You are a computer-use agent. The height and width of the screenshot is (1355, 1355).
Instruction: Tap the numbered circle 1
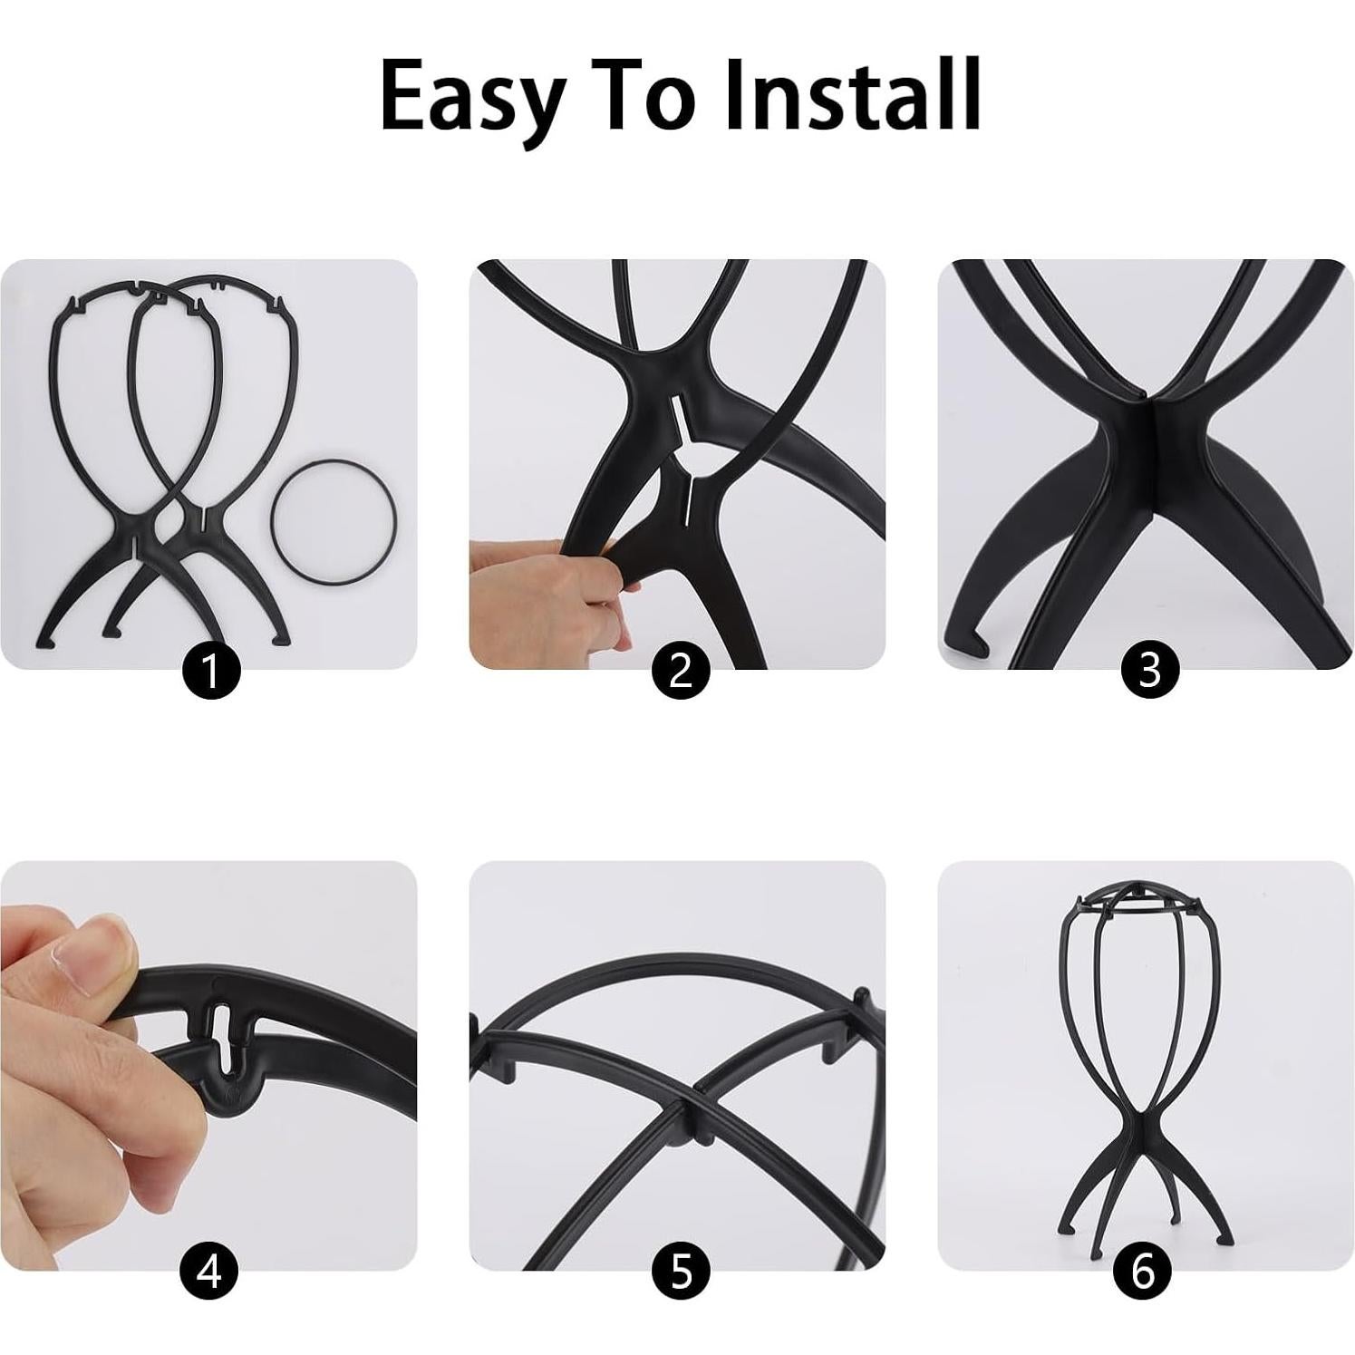tap(211, 671)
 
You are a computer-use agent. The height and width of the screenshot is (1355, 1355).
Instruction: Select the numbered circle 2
tap(680, 671)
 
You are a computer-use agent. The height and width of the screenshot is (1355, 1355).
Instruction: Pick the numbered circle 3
tap(1148, 671)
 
